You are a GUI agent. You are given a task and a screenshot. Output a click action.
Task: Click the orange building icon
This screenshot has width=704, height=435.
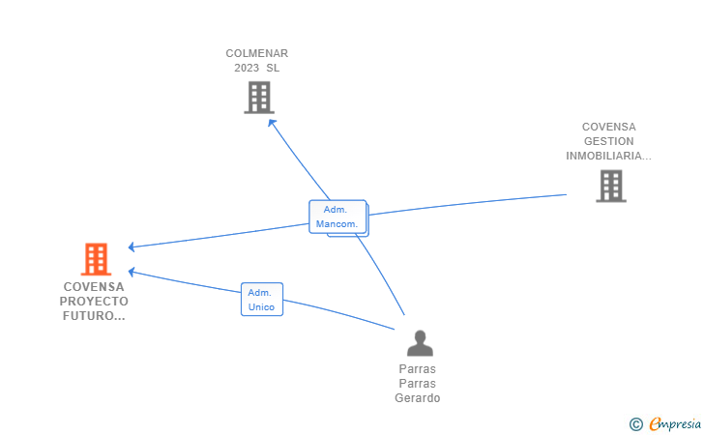pos(96,259)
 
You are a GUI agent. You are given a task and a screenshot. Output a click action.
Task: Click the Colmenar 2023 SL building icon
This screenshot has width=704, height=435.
pos(259,98)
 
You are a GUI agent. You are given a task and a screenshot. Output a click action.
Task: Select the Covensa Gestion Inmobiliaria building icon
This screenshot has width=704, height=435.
pos(610,186)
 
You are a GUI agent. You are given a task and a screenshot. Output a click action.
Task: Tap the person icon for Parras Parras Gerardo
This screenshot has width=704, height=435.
pos(419,343)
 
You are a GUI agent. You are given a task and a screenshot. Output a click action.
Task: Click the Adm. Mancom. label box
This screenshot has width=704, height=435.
pos(337,217)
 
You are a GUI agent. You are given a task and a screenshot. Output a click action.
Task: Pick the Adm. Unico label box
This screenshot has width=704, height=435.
pos(261,300)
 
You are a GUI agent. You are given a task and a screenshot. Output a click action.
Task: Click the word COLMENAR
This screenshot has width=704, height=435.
pos(257,53)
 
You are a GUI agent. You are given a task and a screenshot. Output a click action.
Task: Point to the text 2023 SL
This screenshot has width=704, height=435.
pos(257,68)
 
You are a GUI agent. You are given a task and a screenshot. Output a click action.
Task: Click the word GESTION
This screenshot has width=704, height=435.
pos(609,141)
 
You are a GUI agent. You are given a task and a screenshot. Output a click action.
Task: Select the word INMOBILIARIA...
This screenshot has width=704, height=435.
pos(607,156)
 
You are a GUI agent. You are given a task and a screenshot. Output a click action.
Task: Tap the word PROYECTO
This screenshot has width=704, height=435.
pos(95,301)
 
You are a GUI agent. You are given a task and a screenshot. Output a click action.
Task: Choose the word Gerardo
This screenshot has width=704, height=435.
pos(418,398)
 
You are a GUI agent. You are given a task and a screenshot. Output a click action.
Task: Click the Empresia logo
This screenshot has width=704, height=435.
pos(675,423)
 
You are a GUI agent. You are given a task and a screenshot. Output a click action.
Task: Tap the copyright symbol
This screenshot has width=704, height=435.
pos(636,423)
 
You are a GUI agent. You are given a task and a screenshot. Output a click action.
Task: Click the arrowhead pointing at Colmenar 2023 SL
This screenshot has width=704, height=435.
pos(272,122)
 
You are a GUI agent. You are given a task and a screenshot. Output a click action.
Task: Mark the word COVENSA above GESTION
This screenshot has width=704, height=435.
pos(609,127)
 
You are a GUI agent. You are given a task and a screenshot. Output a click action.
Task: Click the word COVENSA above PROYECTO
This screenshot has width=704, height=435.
pos(95,286)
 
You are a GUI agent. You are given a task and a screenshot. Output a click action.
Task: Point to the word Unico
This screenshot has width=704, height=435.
pos(261,307)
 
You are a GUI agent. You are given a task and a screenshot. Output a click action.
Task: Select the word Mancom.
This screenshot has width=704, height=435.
pos(337,224)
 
